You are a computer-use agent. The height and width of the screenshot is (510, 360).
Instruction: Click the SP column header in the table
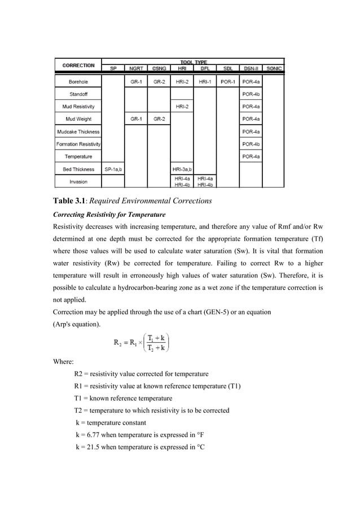tap(113, 69)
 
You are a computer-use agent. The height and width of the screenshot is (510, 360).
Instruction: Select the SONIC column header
tap(274, 69)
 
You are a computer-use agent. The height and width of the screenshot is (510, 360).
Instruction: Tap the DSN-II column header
tap(251, 69)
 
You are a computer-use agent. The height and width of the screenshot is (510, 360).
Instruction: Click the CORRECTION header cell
tap(78, 66)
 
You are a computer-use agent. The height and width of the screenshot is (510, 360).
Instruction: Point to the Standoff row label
tap(78, 94)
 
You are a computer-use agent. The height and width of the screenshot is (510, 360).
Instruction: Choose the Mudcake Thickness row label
tap(78, 132)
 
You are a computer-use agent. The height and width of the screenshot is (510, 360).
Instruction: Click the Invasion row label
tap(78, 182)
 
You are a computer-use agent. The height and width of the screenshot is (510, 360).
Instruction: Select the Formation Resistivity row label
tap(78, 144)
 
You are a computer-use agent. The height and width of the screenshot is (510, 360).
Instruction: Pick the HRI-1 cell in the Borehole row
tap(205, 81)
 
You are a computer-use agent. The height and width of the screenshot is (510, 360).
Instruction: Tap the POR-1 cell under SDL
tap(228, 81)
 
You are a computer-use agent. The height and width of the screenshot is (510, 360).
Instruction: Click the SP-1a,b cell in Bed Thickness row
tap(113, 169)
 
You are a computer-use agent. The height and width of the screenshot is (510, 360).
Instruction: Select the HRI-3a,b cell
tap(182, 169)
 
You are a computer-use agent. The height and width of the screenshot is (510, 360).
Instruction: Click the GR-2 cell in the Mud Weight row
tap(159, 119)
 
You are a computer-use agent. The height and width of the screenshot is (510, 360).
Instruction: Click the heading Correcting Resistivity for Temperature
tap(108, 215)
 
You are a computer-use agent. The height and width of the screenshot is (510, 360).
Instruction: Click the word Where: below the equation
tap(64, 361)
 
